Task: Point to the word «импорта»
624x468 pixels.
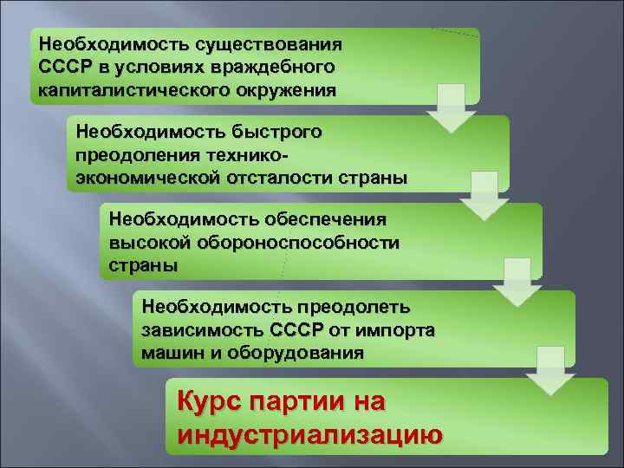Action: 393,330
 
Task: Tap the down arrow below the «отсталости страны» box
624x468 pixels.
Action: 484,195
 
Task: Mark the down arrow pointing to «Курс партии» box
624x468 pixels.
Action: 549,370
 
